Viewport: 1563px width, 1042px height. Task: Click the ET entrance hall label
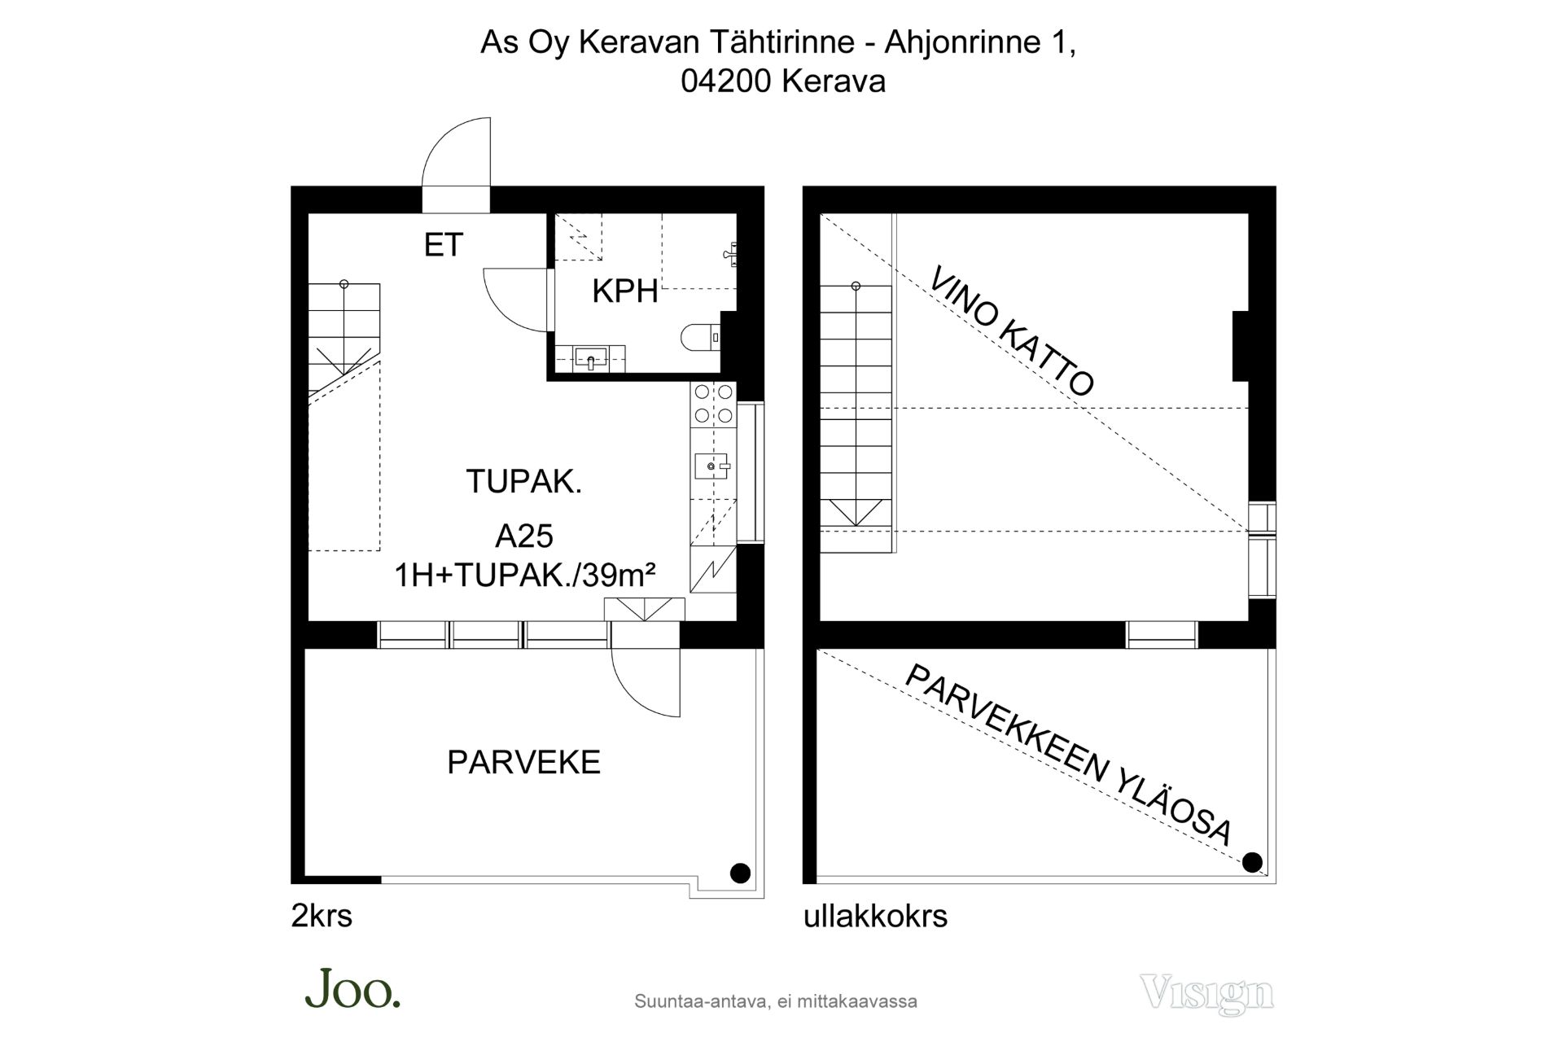coord(444,245)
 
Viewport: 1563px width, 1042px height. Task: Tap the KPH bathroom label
coord(625,291)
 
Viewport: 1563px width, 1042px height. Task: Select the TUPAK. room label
coord(524,481)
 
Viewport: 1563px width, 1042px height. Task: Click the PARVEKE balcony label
coord(524,762)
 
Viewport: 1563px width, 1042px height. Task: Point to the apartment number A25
coord(524,536)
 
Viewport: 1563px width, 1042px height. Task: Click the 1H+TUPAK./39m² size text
coord(525,576)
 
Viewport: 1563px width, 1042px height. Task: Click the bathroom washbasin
coord(590,358)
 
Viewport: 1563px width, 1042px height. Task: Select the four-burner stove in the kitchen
coord(712,404)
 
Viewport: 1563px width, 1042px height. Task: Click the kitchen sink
coord(712,466)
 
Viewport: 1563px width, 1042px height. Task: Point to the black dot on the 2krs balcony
coord(740,873)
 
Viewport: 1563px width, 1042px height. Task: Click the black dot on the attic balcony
coord(1253,862)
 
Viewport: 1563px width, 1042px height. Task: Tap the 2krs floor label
coord(322,917)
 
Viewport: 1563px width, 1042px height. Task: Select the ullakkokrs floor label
coord(876,917)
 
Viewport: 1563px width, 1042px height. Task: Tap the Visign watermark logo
coord(1207,994)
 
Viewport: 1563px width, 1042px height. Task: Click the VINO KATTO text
coord(1012,331)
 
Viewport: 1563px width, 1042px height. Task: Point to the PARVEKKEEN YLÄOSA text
coord(1068,755)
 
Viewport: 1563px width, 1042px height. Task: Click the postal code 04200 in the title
coord(726,81)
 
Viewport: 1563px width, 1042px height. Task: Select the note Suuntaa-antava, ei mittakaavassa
coord(776,1001)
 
